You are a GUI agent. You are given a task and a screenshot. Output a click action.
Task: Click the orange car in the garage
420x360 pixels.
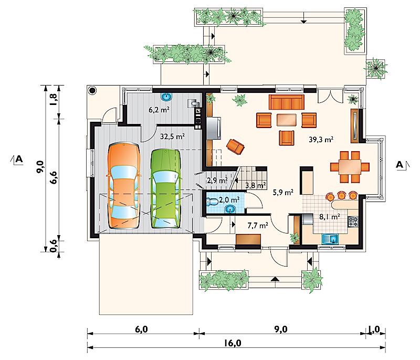pos(124,186)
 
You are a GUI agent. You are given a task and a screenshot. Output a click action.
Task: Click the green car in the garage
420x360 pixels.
pos(165,189)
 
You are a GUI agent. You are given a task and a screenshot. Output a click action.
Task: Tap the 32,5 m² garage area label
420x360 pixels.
pos(172,136)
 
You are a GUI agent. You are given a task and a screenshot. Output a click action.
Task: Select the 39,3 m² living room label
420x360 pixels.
pos(321,139)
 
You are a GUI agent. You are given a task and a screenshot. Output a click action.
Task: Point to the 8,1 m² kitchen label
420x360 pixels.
pos(330,216)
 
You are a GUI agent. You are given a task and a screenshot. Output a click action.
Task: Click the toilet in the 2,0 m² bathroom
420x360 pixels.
pos(212,202)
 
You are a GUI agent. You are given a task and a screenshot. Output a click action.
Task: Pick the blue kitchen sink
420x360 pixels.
pos(331,239)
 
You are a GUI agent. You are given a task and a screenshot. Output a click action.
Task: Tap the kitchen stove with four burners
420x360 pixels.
pos(353,221)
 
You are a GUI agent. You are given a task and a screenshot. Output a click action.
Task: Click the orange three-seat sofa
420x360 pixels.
pos(286,102)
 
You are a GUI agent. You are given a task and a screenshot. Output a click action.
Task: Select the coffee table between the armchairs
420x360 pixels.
pos(286,120)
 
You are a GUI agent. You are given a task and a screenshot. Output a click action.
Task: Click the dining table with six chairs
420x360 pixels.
pos(350,167)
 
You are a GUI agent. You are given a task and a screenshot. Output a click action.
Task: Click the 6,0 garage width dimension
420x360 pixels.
pos(141,329)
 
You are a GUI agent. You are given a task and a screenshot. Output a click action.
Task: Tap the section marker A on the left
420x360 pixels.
pos(18,159)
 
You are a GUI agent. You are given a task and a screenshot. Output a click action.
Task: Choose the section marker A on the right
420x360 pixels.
pos(401,165)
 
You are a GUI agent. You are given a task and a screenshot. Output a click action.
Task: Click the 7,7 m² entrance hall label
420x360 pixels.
pos(258,226)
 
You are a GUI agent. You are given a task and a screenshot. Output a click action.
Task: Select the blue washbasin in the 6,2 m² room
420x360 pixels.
pos(166,97)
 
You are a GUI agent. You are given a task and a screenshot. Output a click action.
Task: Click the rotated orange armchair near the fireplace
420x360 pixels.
pos(235,146)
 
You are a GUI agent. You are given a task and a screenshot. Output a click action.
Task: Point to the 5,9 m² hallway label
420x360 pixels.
pos(283,192)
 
